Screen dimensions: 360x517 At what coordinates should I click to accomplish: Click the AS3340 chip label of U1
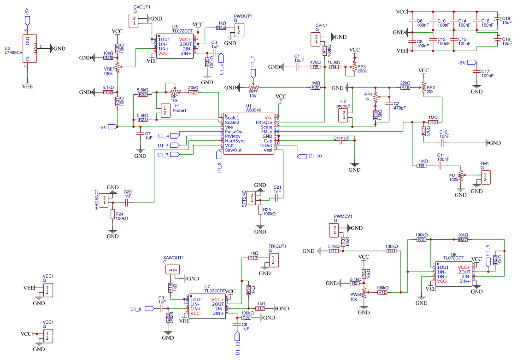(x=254, y=110)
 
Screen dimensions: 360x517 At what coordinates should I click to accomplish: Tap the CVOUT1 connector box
(x=134, y=20)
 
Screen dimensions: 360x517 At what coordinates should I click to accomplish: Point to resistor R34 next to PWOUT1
(x=222, y=28)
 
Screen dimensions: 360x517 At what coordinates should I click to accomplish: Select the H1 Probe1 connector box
(x=164, y=110)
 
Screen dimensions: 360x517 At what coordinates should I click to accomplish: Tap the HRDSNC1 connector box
(x=106, y=200)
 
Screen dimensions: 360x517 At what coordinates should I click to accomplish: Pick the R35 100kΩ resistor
(x=260, y=211)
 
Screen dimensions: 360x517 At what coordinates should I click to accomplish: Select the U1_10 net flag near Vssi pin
(x=302, y=156)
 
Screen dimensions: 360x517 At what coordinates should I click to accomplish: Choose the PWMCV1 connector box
(x=334, y=230)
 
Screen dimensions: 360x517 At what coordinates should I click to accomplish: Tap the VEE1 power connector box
(x=47, y=290)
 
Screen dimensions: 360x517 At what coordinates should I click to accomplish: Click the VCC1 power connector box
(x=47, y=336)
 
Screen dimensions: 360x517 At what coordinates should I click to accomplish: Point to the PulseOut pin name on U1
(x=235, y=132)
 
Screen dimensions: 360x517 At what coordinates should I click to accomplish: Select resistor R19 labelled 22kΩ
(x=405, y=87)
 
